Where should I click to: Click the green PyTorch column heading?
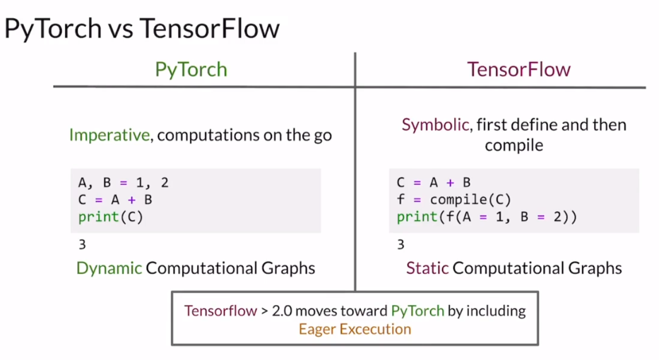tap(191, 70)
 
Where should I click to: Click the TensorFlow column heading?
tap(519, 69)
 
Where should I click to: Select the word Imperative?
tap(109, 135)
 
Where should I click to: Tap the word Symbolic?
tap(435, 125)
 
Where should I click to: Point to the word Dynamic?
tap(109, 268)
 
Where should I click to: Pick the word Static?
tap(427, 268)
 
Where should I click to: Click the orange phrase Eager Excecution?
tap(355, 329)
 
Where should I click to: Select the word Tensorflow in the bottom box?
tap(220, 311)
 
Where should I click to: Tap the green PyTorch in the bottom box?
tap(417, 311)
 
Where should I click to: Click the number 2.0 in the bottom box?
tap(283, 311)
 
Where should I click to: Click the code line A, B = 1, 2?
tap(124, 183)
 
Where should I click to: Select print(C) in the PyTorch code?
tap(110, 217)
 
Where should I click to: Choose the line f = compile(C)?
tap(454, 200)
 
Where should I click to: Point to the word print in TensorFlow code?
tap(417, 217)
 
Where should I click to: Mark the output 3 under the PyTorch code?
tap(83, 244)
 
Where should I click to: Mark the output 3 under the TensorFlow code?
tap(401, 244)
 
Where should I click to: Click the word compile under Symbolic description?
tap(514, 145)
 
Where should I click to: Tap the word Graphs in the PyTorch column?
tap(288, 268)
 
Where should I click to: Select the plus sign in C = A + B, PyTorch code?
tap(131, 200)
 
